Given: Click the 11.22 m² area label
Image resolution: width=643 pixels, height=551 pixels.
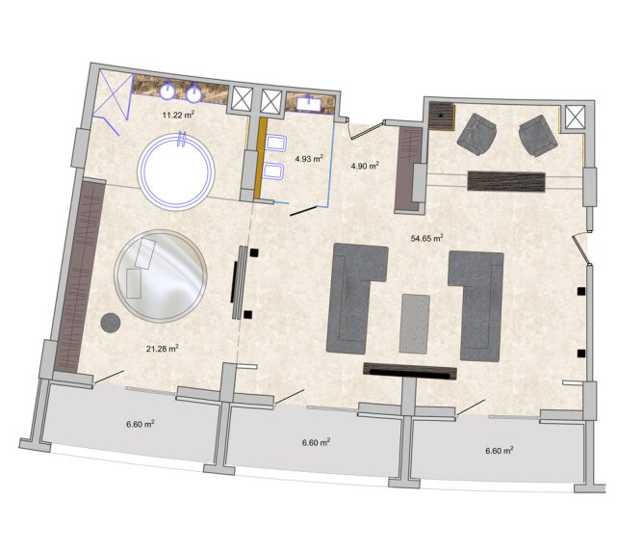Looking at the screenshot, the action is click(x=178, y=115).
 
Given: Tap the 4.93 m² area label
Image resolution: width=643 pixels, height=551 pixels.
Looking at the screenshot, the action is click(x=309, y=158).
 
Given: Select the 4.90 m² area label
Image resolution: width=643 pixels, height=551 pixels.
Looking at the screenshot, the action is click(x=365, y=166).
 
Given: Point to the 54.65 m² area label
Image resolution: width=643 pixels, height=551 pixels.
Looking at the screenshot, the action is click(x=426, y=238).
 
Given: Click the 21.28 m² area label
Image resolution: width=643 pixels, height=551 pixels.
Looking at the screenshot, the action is click(x=162, y=349).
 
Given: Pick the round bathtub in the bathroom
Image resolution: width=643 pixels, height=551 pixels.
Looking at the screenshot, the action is click(x=176, y=171).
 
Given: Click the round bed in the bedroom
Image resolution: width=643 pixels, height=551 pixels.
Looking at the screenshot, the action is click(x=161, y=276).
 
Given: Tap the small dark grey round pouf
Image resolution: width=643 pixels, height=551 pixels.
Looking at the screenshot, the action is click(x=111, y=323).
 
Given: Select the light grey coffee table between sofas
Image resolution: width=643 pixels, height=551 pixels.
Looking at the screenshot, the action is click(x=415, y=324).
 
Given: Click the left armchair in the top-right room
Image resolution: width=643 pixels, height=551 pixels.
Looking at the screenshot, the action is click(x=477, y=134).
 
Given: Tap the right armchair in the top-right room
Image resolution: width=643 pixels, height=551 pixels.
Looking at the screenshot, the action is click(x=538, y=136).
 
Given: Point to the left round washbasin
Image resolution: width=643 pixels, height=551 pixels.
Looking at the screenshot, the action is click(x=167, y=91).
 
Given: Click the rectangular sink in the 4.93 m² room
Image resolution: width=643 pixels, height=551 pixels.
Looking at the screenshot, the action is click(x=310, y=103).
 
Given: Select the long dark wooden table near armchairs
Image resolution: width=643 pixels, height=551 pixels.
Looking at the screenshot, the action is click(x=506, y=181).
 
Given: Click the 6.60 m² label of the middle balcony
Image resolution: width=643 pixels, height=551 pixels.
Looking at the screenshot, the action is click(x=316, y=443).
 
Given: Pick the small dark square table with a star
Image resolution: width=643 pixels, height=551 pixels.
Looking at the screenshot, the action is click(x=441, y=116).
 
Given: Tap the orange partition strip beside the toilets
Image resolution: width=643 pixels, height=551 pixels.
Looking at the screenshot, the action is click(x=260, y=159).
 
